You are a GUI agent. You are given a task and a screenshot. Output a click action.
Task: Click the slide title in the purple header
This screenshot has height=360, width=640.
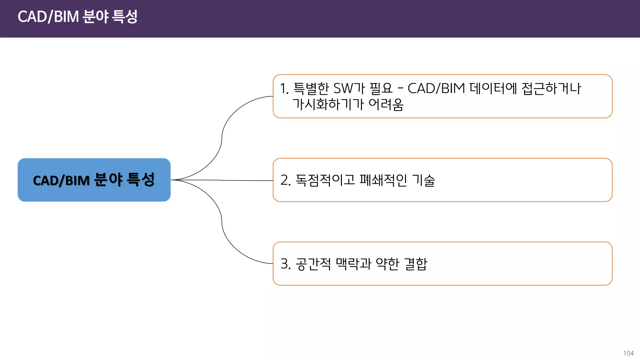tap(77, 17)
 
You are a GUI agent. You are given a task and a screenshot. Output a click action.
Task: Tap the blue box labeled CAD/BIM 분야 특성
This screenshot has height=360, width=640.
tap(94, 180)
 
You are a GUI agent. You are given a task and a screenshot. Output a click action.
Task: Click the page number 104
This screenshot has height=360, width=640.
tap(628, 353)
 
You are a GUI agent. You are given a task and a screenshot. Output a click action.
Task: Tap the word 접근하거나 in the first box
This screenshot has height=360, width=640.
tap(551, 88)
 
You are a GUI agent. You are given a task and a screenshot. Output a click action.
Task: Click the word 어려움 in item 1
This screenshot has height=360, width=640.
tap(386, 104)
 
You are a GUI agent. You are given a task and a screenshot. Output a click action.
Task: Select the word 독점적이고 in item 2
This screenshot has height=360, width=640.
tap(325, 180)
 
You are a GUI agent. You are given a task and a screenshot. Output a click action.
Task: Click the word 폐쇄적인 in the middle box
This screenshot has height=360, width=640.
tap(383, 180)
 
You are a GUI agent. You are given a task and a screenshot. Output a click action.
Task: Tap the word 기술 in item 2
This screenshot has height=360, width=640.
tap(423, 180)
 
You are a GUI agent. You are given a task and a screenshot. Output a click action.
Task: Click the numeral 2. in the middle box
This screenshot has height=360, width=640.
tap(286, 180)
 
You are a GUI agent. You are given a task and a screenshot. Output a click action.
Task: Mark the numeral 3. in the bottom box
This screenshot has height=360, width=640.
tap(286, 264)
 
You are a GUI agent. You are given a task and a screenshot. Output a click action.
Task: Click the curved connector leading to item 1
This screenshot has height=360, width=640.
tap(222, 134)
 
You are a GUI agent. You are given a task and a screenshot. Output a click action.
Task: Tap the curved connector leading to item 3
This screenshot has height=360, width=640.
tap(222, 225)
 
